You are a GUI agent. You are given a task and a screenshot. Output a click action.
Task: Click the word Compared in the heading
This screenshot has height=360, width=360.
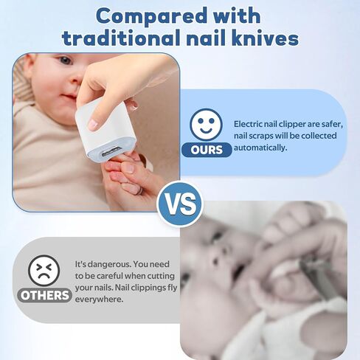coord(153,17)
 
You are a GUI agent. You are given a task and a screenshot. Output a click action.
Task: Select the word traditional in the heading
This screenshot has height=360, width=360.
coord(120,38)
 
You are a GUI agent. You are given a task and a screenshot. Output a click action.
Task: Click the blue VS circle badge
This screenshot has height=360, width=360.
coord(180,204)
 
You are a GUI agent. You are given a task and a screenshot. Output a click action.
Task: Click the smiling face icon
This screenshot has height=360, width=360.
coord(206,125)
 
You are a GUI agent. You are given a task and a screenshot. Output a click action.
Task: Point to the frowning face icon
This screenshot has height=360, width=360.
coord(44,270)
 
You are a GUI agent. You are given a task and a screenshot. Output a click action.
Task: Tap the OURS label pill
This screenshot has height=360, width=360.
coord(207,150)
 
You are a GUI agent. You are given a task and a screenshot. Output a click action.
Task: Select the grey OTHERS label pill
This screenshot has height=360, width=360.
coord(44,295)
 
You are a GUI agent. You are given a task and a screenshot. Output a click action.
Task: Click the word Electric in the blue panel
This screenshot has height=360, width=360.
coord(248,124)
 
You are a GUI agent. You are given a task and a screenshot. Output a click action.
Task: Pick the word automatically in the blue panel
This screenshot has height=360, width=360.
coord(260,148)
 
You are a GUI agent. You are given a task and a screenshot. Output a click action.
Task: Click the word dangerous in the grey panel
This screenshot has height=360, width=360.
coord(109,264)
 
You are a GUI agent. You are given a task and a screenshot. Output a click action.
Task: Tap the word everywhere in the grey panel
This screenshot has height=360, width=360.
coord(99,300)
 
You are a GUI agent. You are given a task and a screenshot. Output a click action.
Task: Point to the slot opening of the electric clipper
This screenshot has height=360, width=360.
coord(111,152)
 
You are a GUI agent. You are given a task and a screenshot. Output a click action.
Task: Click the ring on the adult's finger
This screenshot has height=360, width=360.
coord(139,191)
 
